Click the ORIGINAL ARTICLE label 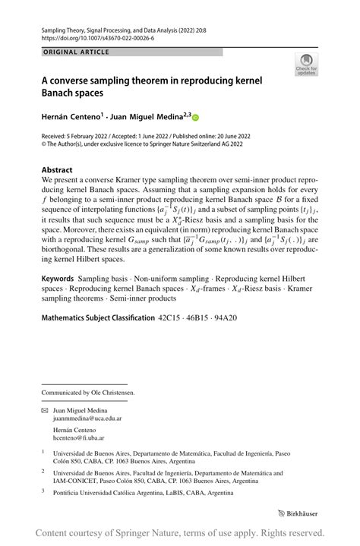coord(76,52)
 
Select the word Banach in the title coord(59,94)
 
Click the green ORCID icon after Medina coord(196,118)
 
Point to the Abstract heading coord(57,170)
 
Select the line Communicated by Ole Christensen coord(88,392)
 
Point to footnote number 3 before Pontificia coord(43,491)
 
